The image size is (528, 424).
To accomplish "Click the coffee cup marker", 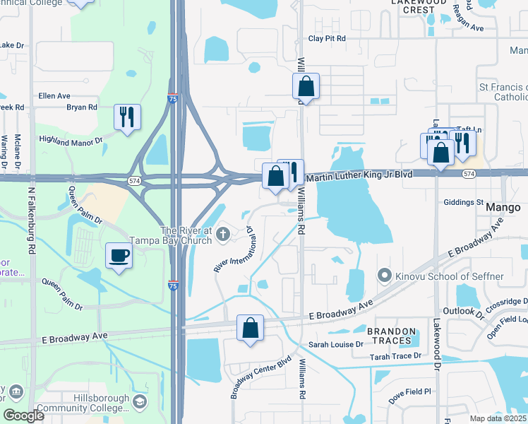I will (118, 255).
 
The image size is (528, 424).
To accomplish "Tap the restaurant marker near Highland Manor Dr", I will (127, 117).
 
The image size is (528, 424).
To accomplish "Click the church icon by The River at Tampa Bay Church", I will (224, 234).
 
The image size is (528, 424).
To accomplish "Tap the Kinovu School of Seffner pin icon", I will (384, 274).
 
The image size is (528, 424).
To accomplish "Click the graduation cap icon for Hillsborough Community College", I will (140, 401).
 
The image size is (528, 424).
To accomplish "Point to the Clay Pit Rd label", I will (327, 39).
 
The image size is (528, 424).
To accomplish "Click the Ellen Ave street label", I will (55, 95).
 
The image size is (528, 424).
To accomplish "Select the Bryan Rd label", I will (81, 107).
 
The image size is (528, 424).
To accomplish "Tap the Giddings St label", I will (463, 202).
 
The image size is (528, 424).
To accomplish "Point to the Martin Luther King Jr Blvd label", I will (359, 174).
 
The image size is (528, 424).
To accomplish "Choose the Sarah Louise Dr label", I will (335, 344).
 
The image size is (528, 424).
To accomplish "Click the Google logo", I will (24, 416).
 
